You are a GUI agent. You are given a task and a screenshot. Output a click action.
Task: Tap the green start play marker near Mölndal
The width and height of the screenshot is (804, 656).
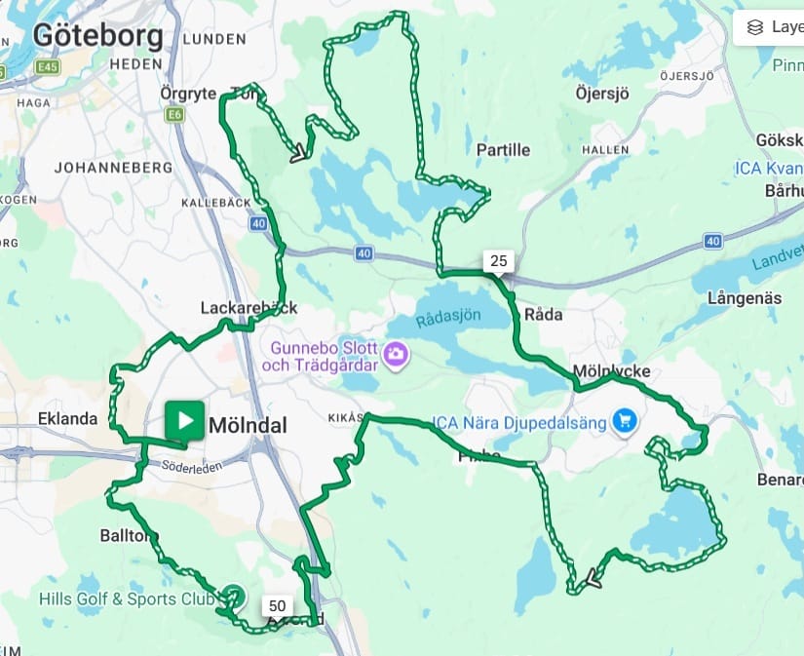click(x=184, y=421)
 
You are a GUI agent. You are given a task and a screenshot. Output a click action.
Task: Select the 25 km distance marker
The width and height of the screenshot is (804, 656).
click(x=498, y=260)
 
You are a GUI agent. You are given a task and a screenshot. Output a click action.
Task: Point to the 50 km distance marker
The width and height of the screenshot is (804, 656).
click(x=276, y=605)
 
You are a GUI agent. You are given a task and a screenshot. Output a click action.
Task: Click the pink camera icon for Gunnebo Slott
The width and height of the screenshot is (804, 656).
click(x=396, y=355)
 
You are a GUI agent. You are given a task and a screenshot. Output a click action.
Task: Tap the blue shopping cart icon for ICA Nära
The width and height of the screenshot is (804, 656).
click(x=625, y=422)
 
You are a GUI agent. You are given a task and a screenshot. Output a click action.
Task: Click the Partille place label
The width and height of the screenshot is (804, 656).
click(x=503, y=149)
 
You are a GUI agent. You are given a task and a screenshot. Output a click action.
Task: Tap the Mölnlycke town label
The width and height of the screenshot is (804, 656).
click(x=611, y=371)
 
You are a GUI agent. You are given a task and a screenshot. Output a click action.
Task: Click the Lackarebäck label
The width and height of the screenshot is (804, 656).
click(x=248, y=307)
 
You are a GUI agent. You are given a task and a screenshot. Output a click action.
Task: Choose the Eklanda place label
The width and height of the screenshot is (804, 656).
click(x=67, y=419)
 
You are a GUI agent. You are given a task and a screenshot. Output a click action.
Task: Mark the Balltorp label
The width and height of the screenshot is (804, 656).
click(x=129, y=535)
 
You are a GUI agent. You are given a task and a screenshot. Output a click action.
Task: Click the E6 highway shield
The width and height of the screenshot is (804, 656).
click(x=174, y=115)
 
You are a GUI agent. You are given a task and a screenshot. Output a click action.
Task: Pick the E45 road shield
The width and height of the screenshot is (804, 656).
click(x=46, y=67)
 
